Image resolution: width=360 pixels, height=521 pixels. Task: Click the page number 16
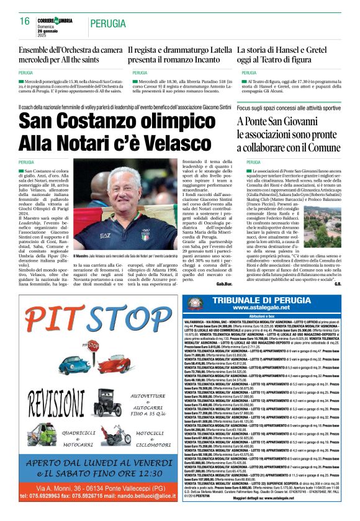point(25,21)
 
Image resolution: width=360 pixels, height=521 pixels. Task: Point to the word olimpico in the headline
point(181,122)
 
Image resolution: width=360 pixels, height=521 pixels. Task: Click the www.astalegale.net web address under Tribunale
point(268,309)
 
